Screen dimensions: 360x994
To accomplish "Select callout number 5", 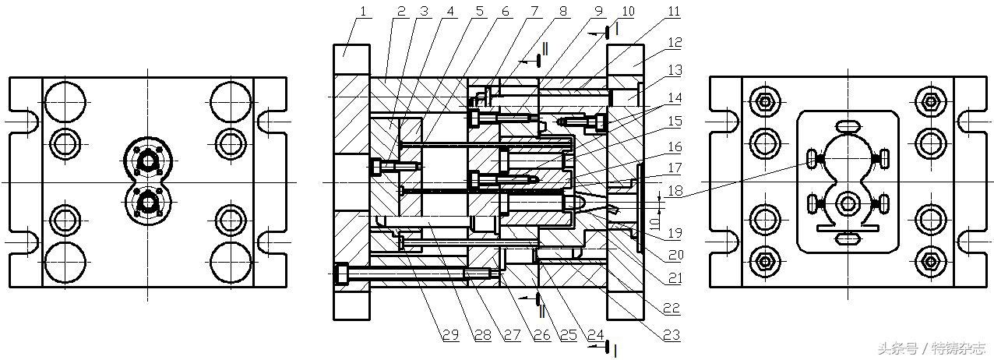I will (x=478, y=11).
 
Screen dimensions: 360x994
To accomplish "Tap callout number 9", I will (x=597, y=11).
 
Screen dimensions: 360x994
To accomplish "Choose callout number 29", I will (x=450, y=336).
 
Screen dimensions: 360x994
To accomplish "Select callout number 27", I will (x=511, y=336).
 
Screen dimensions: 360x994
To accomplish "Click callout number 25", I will (x=568, y=336).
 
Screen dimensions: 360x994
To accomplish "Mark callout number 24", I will (x=596, y=336).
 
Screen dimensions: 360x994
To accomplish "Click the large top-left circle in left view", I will (x=64, y=102).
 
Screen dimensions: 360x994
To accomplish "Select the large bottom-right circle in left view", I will (x=231, y=263).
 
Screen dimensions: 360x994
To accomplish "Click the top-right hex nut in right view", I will (x=929, y=101).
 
